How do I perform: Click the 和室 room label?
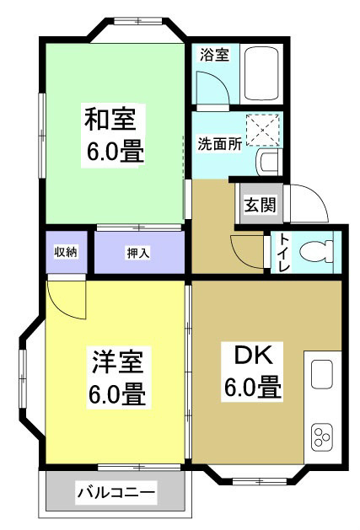[110, 120]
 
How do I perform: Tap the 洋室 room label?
[117, 361]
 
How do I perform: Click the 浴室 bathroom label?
[214, 55]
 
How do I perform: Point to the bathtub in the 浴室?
[261, 73]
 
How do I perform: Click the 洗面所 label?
[219, 144]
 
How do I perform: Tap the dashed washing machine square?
[263, 130]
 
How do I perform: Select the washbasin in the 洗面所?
[269, 162]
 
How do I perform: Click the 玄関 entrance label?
[261, 205]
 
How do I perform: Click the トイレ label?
[284, 253]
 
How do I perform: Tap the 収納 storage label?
[66, 252]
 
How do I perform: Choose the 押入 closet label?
[138, 253]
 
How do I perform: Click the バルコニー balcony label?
[116, 492]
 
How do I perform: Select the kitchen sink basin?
[322, 374]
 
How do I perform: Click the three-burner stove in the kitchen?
[322, 436]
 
